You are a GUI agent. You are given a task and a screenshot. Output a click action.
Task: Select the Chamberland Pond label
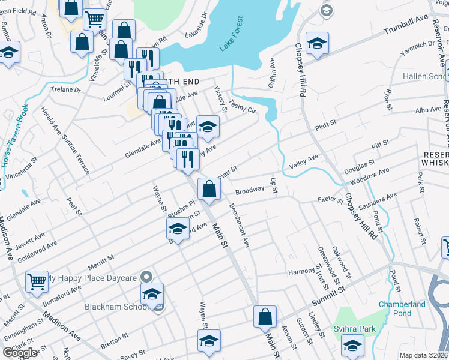pos(402,308)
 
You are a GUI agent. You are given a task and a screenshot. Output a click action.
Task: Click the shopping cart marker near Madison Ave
pos(37,281)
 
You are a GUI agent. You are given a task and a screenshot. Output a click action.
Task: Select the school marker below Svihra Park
pos(352,344)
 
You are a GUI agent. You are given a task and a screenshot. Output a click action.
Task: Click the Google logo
pos(20,352)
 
